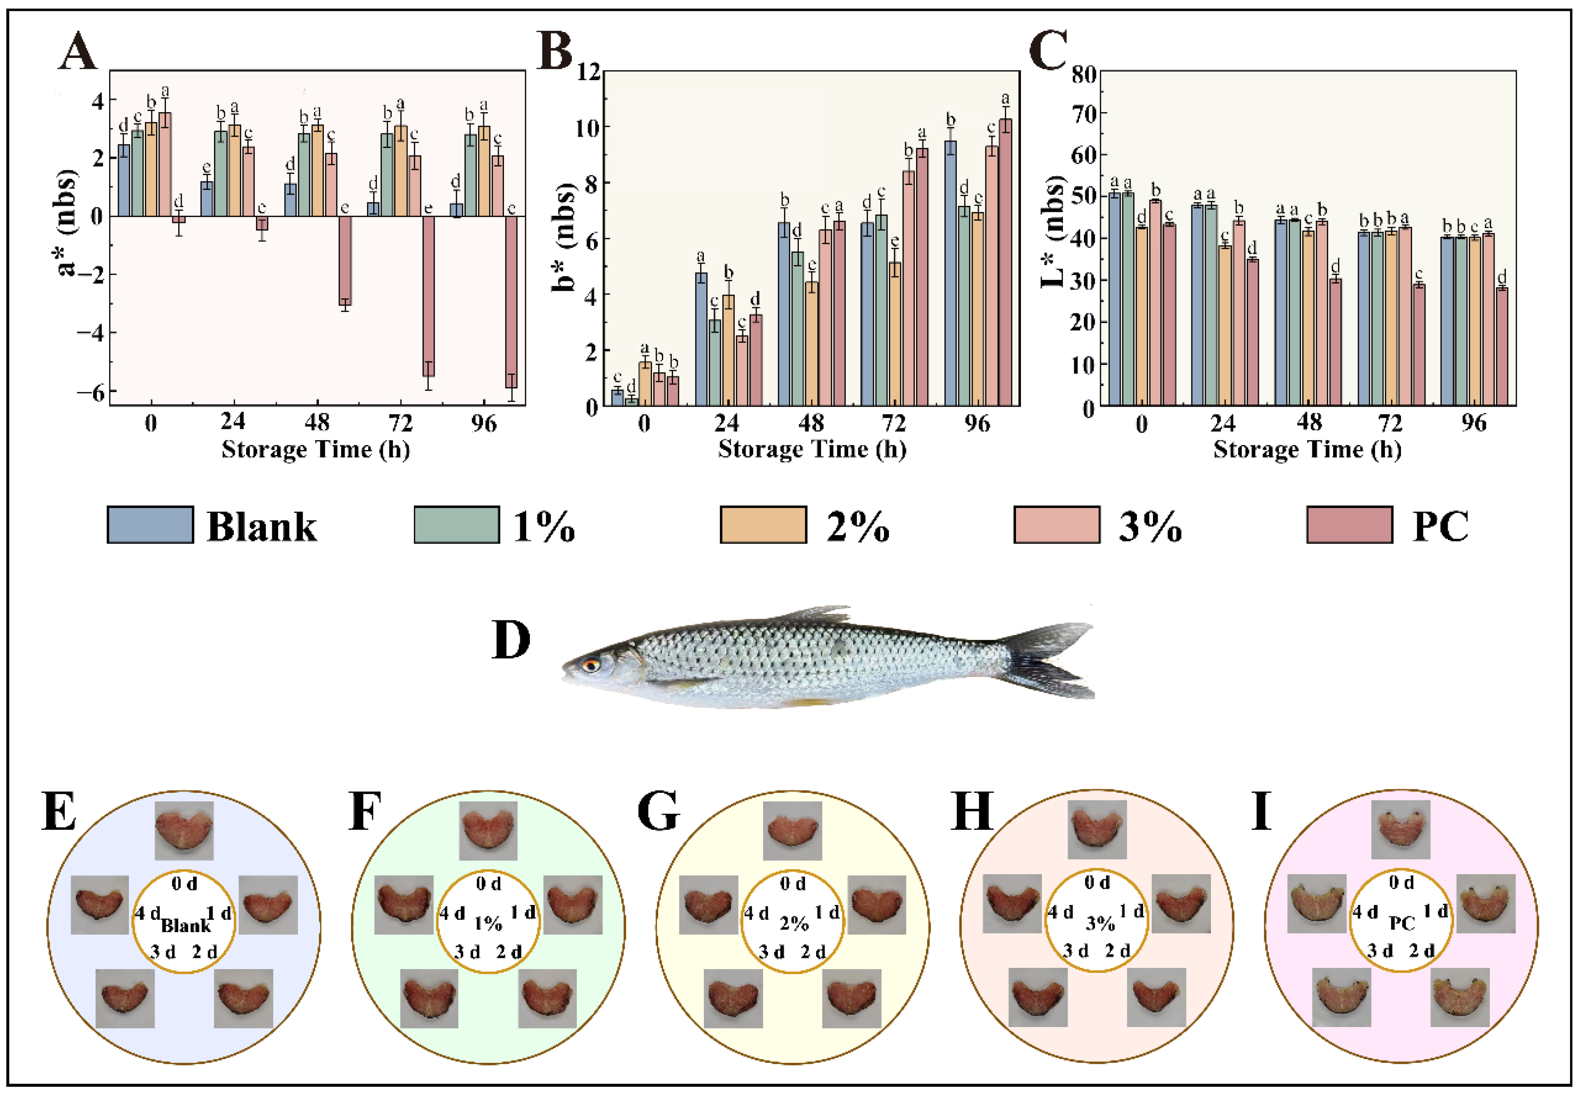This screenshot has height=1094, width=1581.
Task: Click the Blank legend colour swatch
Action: click(150, 525)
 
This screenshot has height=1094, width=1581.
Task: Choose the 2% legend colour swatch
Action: click(763, 525)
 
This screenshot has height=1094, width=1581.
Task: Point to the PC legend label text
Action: click(1440, 526)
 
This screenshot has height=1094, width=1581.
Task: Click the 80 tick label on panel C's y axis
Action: click(1082, 73)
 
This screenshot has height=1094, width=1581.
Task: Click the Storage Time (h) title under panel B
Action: click(812, 450)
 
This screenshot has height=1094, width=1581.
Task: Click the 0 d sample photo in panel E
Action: click(184, 830)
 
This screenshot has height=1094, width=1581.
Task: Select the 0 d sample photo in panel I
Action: click(1400, 829)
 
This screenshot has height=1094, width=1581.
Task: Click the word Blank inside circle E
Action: click(186, 926)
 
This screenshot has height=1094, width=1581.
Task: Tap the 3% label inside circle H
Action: click(1099, 924)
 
